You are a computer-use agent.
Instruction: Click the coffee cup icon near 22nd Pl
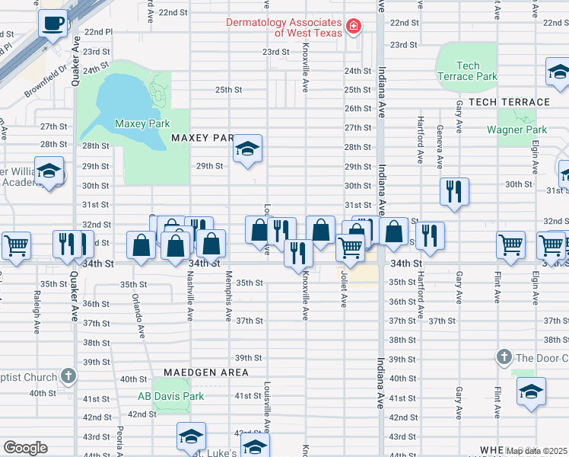pos(52,24)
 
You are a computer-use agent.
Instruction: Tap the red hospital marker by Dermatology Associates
pos(354,27)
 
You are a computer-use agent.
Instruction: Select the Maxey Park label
pos(141,123)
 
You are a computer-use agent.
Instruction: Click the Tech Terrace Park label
pos(467,72)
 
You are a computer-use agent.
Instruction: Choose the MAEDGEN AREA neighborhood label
pos(200,372)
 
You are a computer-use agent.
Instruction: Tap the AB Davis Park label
pos(170,396)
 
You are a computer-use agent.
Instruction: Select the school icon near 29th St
pos(247,150)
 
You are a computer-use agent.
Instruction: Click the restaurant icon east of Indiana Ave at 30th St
pos(454,192)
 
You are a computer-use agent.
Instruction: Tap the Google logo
pos(25,447)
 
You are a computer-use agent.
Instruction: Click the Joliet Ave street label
pos(345,290)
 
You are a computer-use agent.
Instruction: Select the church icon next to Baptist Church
pos(68,376)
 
